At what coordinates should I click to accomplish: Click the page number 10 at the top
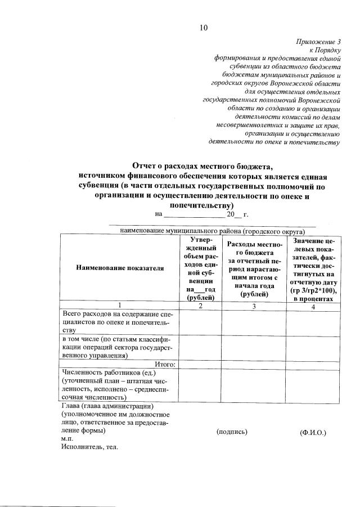click(x=204, y=28)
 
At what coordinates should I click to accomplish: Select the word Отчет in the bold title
click(x=147, y=166)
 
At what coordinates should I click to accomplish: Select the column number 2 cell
click(x=200, y=306)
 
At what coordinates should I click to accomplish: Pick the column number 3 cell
click(x=254, y=306)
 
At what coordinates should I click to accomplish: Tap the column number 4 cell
click(x=313, y=306)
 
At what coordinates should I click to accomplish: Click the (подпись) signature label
click(x=232, y=432)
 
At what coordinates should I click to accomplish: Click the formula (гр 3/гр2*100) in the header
click(x=313, y=290)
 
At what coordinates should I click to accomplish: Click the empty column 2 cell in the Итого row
click(x=200, y=364)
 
